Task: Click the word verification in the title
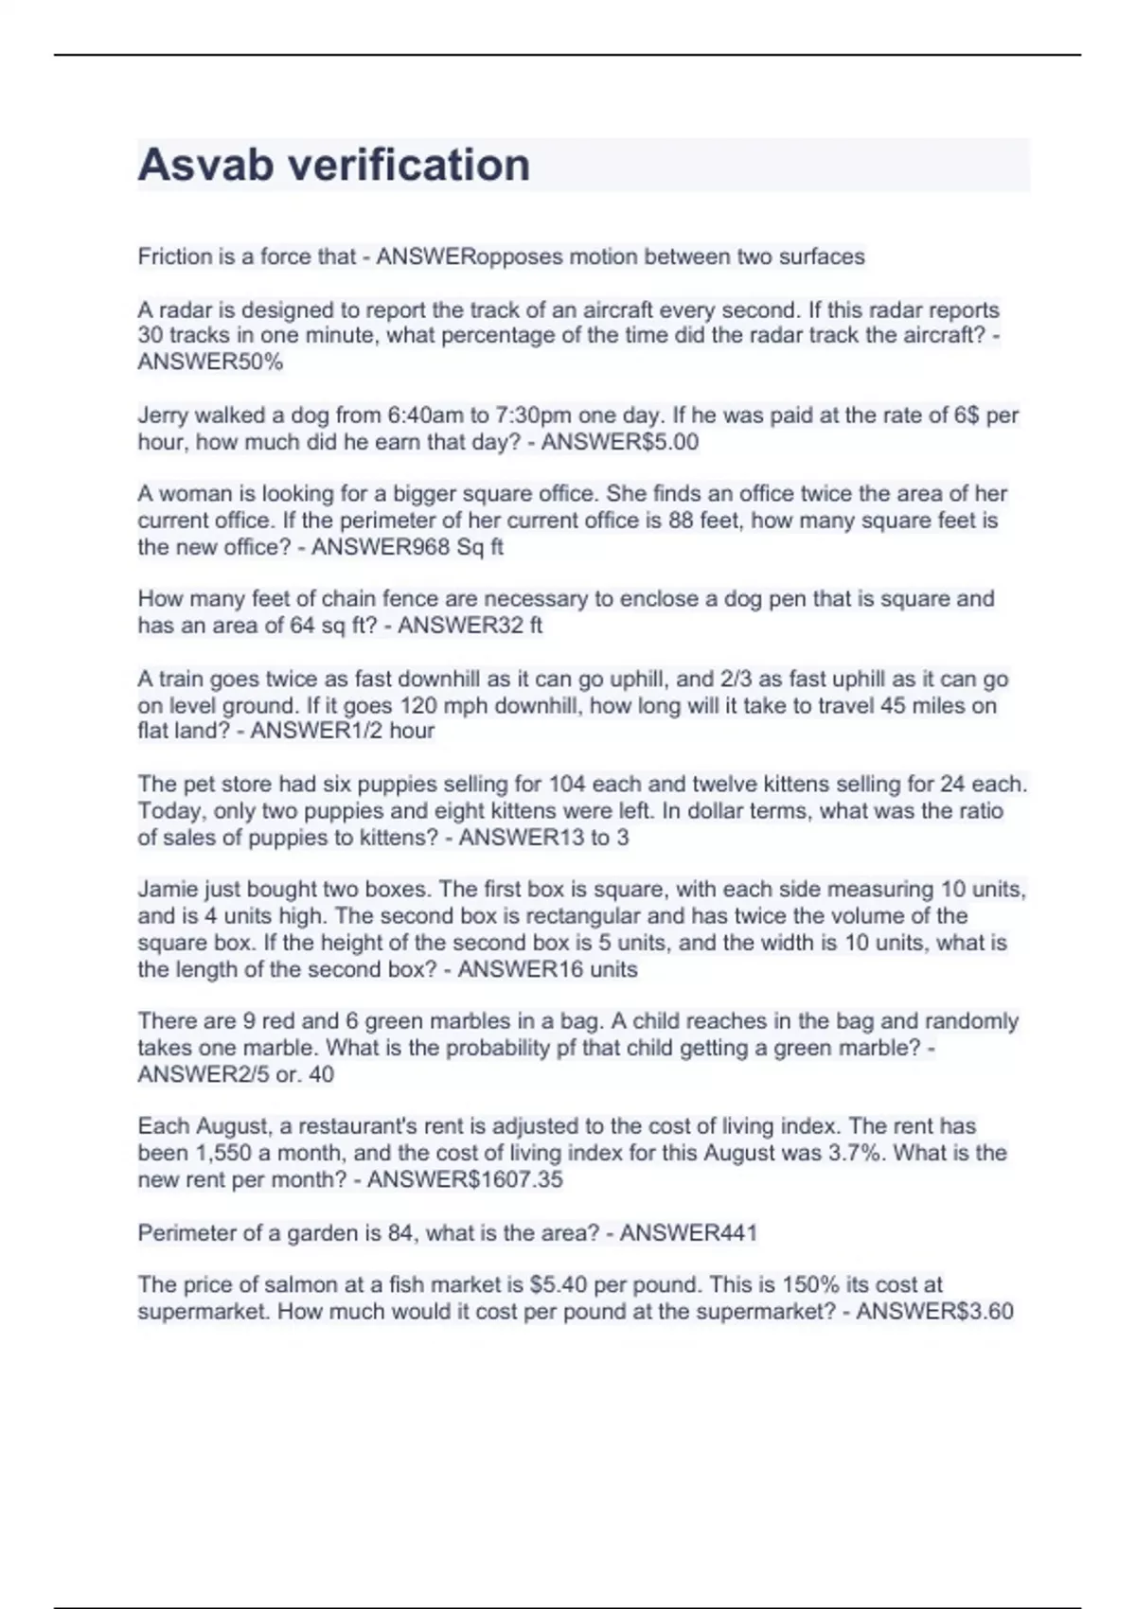click(408, 166)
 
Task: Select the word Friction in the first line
click(175, 256)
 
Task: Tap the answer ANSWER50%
click(210, 362)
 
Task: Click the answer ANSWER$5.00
click(619, 442)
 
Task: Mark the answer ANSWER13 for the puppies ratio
click(520, 838)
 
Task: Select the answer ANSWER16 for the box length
click(520, 969)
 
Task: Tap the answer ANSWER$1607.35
click(465, 1180)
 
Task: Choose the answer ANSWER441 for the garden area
click(688, 1233)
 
